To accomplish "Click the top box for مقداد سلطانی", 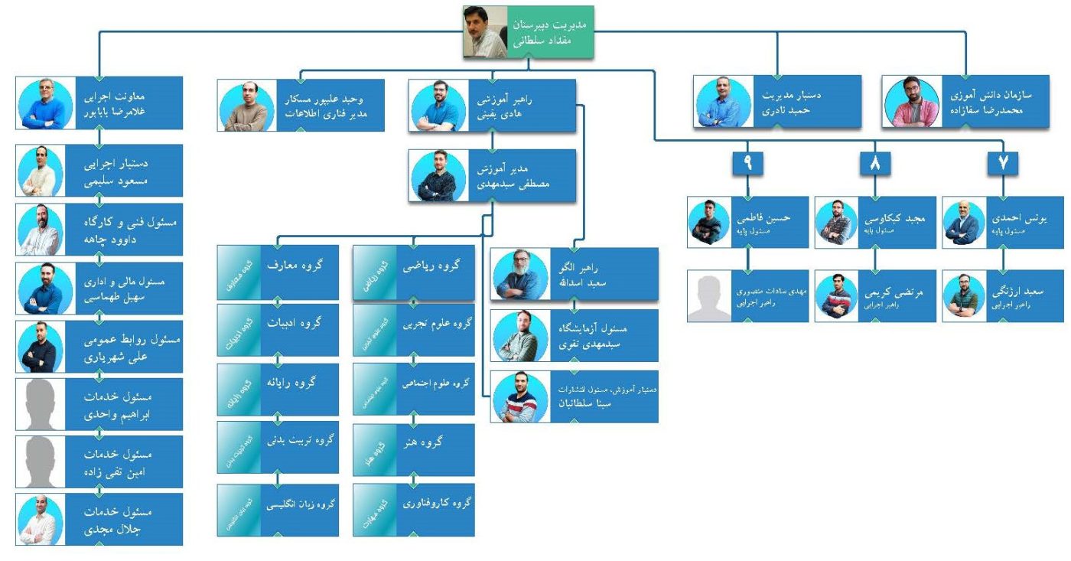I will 528,32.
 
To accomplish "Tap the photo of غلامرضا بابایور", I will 45,103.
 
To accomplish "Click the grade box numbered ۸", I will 874,162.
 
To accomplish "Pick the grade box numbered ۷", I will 1003,162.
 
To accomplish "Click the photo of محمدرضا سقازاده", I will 910,101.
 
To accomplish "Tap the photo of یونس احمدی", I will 963,223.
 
